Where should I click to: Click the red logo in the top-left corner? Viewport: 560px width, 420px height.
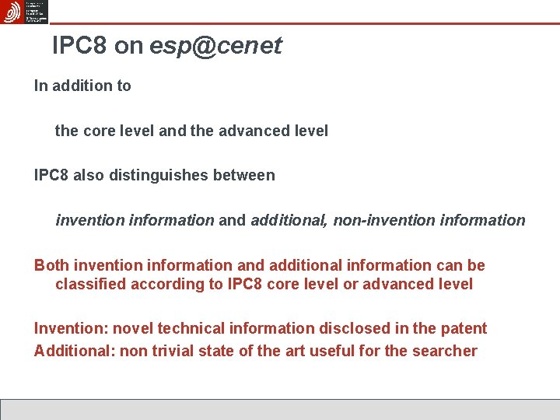12,12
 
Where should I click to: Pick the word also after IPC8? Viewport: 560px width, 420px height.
89,175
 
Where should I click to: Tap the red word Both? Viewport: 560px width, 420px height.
51,265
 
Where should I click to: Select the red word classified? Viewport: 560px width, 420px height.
89,284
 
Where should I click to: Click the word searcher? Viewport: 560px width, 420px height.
446,351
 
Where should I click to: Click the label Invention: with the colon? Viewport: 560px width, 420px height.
66,328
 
